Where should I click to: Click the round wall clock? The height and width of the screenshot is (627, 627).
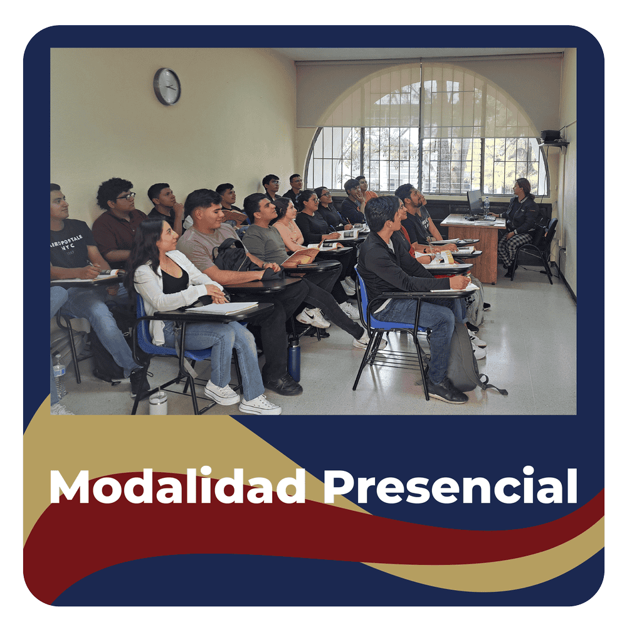pos(167,87)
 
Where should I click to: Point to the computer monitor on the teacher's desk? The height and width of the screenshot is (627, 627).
pos(475,202)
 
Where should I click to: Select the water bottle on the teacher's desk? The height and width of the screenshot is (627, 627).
pos(487,206)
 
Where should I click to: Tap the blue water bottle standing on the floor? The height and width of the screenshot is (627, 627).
pos(294,358)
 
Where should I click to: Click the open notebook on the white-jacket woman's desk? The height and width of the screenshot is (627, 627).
pos(221,308)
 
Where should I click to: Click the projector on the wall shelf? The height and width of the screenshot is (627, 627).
pos(551,135)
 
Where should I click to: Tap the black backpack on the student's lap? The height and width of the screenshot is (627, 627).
pos(236,256)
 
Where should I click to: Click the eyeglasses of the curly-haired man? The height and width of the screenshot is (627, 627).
pos(126,196)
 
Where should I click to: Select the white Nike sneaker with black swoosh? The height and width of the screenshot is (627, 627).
pos(313,317)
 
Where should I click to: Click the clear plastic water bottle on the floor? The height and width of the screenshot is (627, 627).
pos(59,376)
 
